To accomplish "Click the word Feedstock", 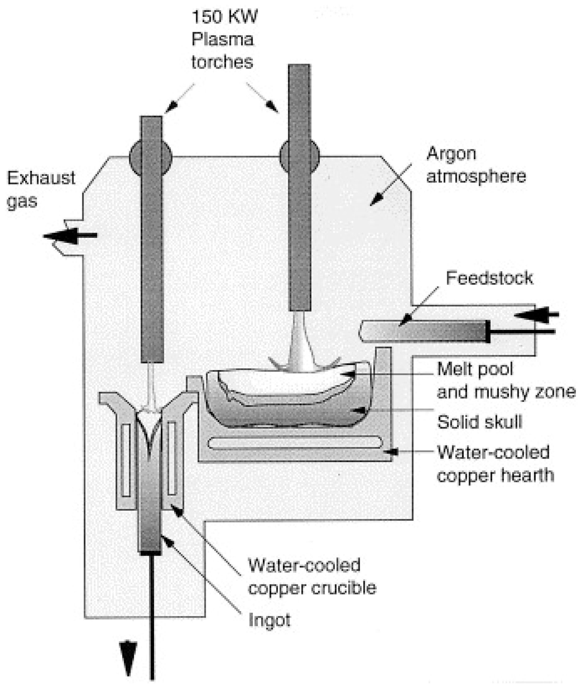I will (x=489, y=278).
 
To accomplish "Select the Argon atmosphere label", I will (x=476, y=165).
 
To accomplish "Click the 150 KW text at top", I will (x=225, y=17).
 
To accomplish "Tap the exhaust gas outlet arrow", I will (x=69, y=236).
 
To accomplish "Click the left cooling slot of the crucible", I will (x=126, y=460).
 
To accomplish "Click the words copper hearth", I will (x=495, y=475).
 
